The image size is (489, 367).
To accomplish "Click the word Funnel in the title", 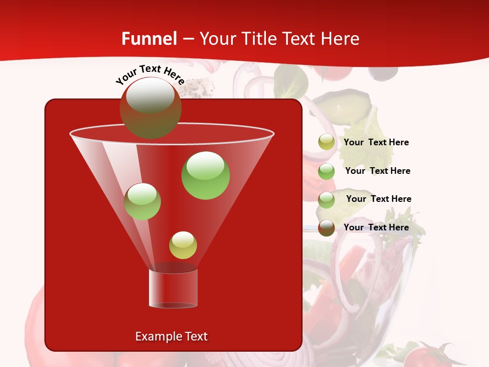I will (x=149, y=39).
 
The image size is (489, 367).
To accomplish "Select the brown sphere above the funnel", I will (x=150, y=108).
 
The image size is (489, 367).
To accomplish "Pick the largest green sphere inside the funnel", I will (x=206, y=175).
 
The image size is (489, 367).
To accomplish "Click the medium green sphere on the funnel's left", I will (x=142, y=201).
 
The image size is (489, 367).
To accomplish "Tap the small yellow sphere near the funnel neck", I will (x=183, y=245).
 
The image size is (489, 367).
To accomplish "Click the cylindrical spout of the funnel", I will (x=173, y=288).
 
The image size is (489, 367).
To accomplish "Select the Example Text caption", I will (x=171, y=336).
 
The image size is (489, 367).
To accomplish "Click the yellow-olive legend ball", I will (x=327, y=142).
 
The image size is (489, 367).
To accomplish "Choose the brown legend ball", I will (x=327, y=228).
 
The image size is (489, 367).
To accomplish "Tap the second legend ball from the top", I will (x=327, y=171).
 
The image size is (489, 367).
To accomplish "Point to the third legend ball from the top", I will (x=327, y=199).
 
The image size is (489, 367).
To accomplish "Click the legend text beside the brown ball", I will (x=376, y=227).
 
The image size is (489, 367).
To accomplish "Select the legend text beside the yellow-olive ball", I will (x=376, y=142).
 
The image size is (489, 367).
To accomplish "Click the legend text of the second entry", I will (x=377, y=171).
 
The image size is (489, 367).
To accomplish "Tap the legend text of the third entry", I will (x=378, y=199).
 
